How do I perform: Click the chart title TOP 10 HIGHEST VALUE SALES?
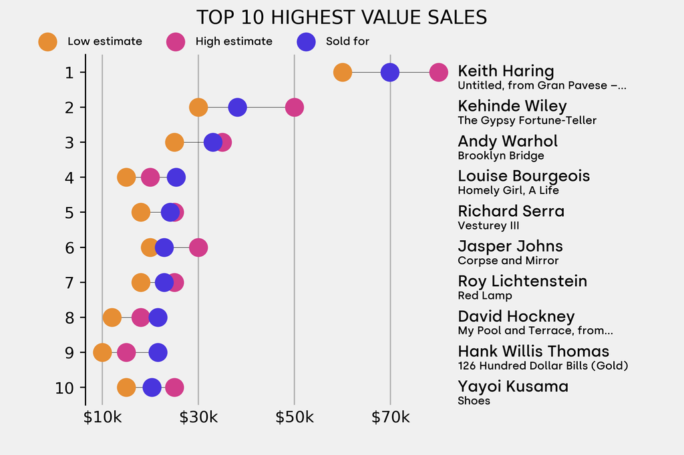341,17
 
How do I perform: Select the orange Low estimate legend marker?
48,41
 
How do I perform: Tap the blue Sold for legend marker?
306,41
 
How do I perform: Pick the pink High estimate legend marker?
176,41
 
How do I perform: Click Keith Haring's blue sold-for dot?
390,72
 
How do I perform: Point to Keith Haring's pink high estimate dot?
438,72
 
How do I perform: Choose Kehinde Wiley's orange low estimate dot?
198,107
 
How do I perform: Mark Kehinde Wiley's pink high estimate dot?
294,107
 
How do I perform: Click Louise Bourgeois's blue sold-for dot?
176,177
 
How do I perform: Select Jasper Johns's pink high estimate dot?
198,248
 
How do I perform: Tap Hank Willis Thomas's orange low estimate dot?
102,352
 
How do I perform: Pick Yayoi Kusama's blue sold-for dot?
152,388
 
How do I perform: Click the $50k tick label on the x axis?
294,418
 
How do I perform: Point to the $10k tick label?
102,418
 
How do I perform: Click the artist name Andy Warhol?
507,141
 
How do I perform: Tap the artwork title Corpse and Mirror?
508,261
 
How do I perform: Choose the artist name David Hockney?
516,316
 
